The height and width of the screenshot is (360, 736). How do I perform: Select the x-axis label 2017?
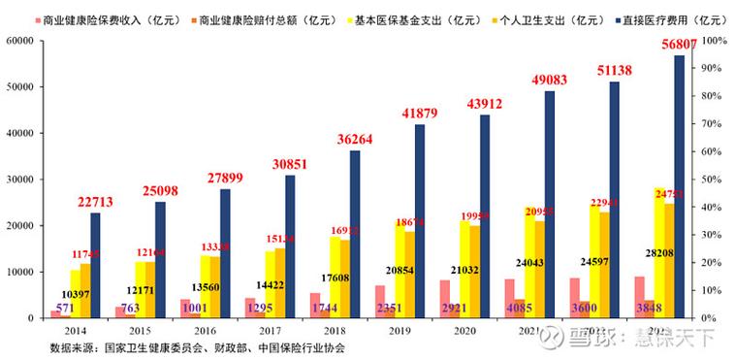click(272, 331)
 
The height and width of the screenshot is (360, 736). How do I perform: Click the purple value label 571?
click(65, 309)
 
